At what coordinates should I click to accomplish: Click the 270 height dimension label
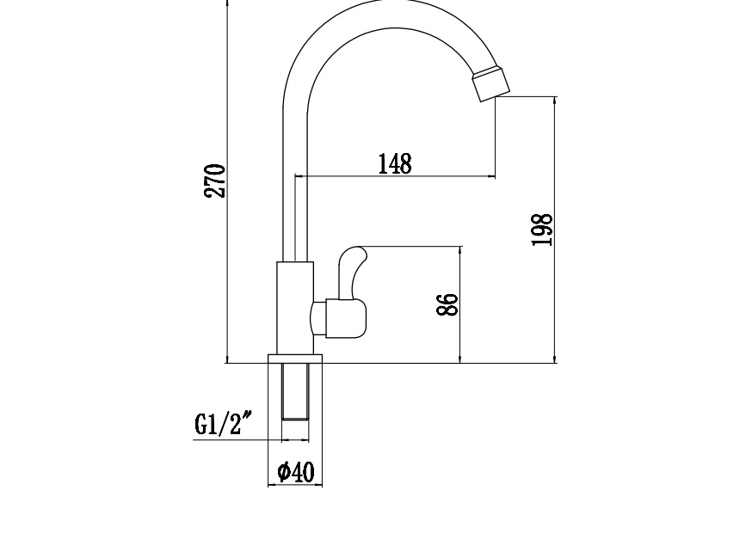click(x=215, y=181)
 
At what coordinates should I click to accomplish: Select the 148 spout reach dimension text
click(x=395, y=163)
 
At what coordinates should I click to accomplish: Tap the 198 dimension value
click(x=541, y=230)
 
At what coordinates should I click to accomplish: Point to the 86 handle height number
click(x=447, y=304)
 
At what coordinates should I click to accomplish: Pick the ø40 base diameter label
click(x=296, y=472)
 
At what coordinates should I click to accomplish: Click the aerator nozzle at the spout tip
click(x=491, y=82)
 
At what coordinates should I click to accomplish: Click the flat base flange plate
click(x=295, y=359)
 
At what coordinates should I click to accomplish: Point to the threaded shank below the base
click(x=295, y=391)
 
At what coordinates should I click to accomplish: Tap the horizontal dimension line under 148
click(x=395, y=177)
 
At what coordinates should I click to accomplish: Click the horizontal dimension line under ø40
click(x=295, y=485)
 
